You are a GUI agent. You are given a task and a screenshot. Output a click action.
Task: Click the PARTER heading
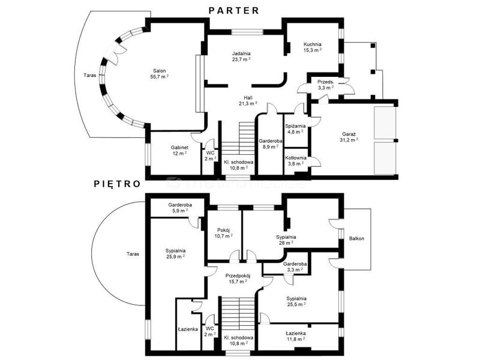[234, 11]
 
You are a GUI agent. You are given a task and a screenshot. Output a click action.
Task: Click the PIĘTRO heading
[117, 184]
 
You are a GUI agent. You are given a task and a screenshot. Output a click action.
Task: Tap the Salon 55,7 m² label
[160, 74]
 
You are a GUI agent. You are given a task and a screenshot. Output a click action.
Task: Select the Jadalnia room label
[241, 56]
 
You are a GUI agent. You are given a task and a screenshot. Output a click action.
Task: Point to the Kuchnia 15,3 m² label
[312, 47]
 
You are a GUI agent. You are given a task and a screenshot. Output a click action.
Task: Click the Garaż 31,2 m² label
[349, 137]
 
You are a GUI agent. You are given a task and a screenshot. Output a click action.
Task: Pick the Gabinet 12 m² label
[179, 151]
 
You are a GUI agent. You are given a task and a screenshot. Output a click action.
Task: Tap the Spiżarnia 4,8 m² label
[295, 129]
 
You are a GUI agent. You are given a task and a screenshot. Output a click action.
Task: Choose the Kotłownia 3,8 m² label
[295, 161]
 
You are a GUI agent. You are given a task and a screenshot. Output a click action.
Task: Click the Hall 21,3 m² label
[248, 101]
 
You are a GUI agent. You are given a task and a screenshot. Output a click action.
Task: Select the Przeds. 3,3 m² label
[325, 85]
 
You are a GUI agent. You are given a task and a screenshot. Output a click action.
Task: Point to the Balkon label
[356, 238]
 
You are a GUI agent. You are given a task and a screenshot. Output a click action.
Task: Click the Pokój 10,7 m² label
[223, 233]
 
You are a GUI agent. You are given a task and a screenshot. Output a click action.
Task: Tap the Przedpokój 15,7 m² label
[238, 278]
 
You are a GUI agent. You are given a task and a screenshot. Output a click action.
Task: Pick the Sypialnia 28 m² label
[286, 240]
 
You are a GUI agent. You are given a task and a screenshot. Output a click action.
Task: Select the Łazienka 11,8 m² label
[295, 336]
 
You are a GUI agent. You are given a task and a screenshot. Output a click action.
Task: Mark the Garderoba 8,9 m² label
[271, 144]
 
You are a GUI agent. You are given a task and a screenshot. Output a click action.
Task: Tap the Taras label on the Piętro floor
[133, 254]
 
